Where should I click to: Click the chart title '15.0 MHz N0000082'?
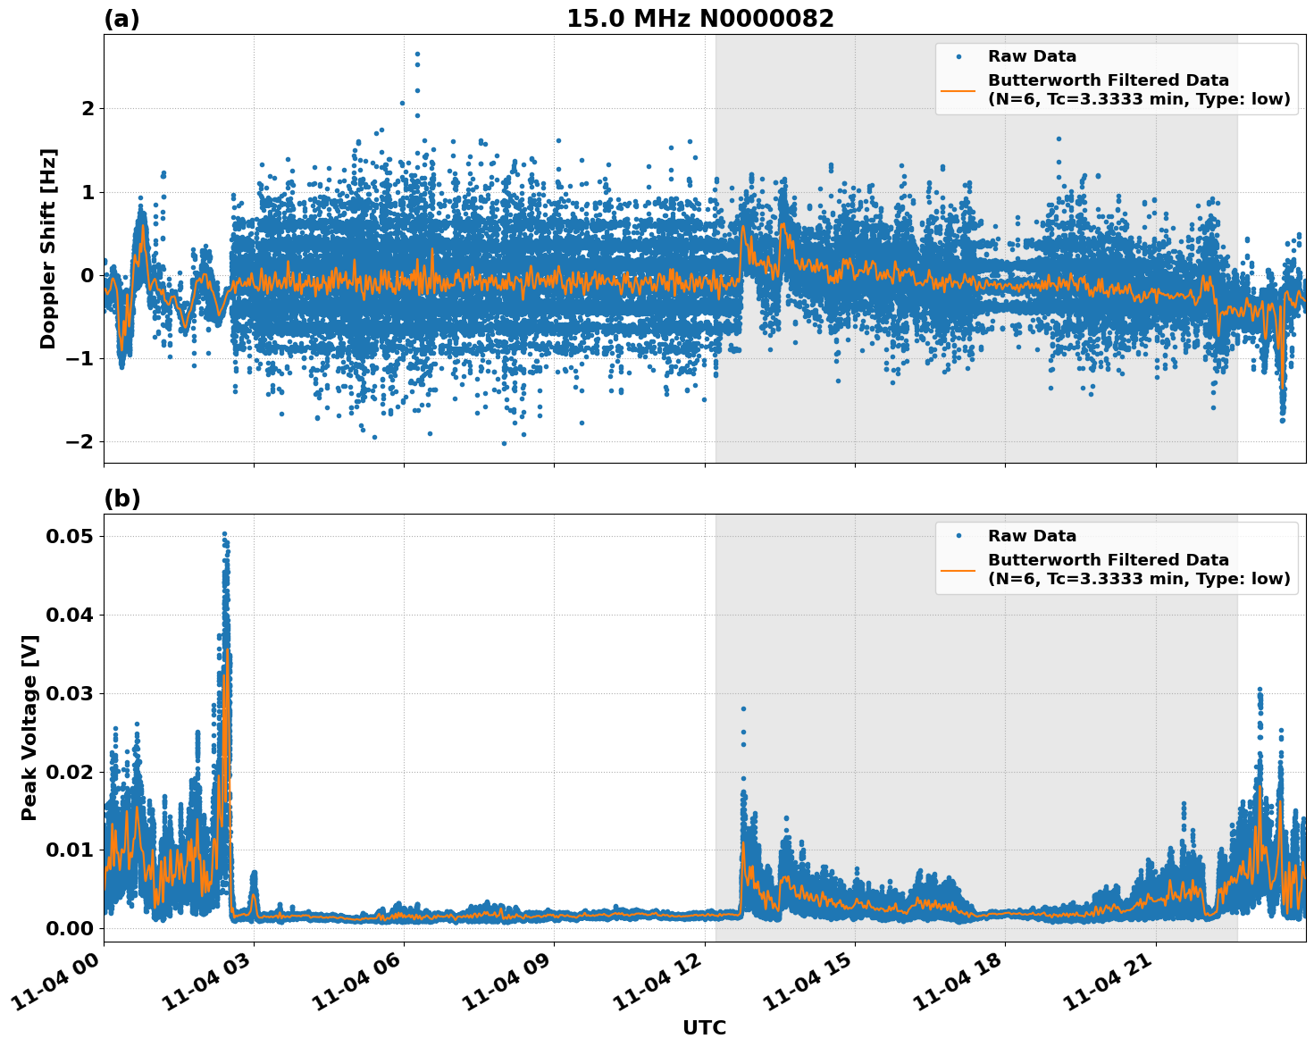coord(699,19)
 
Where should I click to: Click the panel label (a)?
coord(121,19)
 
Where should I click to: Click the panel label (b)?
coord(121,498)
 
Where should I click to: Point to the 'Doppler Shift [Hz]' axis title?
coord(48,248)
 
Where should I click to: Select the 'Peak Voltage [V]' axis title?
coord(29,727)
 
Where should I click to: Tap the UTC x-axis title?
coord(704,1027)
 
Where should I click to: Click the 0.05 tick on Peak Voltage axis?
coord(70,536)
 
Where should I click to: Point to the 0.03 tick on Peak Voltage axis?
coord(70,693)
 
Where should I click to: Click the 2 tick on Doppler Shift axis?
coord(88,108)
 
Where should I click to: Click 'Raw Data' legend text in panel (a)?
coord(1032,56)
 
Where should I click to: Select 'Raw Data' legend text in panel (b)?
coord(1032,536)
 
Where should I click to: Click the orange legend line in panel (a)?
coord(958,89)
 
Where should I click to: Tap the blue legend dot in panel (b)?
coord(958,536)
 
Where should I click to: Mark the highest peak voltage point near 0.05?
coord(224,534)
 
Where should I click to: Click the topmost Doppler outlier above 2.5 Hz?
coord(417,54)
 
